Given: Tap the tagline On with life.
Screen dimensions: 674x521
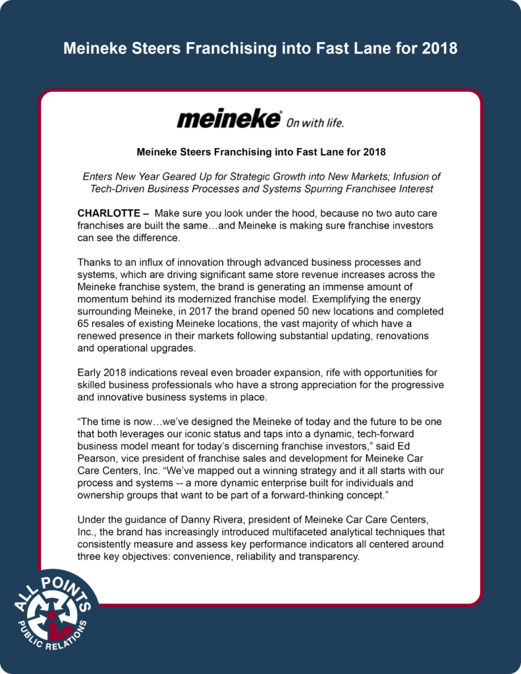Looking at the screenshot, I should (315, 122).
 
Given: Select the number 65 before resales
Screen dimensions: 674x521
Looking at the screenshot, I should (84, 323).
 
